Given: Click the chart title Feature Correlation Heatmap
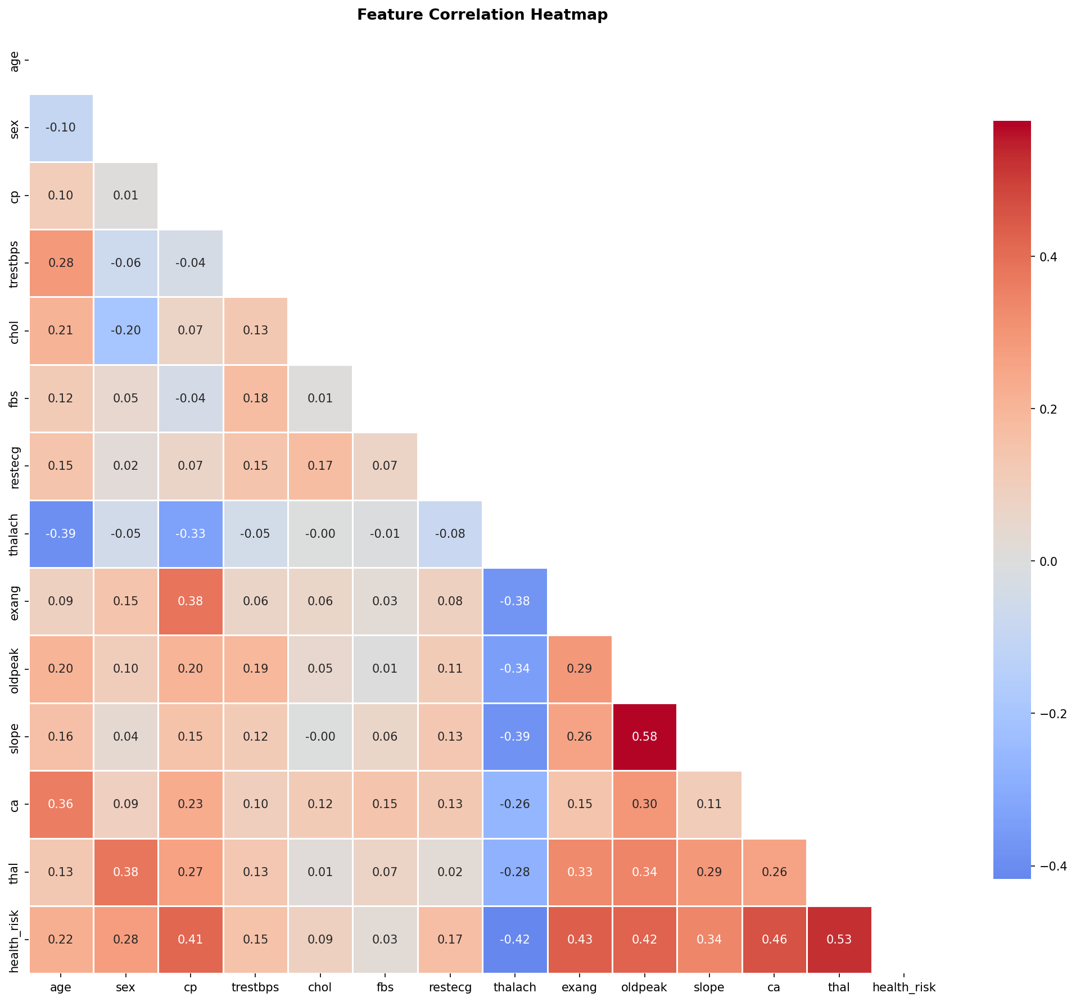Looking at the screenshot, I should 482,15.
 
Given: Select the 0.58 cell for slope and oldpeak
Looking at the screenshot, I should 644,736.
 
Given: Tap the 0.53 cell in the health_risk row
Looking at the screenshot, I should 839,939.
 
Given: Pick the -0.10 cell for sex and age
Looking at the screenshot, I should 61,128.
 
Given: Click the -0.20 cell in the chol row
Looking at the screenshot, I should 125,330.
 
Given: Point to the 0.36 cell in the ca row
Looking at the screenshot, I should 61,804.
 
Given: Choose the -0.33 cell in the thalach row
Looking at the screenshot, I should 191,533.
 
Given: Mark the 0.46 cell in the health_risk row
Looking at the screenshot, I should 774,939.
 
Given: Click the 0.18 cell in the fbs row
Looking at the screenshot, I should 255,398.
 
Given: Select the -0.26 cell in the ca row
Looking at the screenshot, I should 514,804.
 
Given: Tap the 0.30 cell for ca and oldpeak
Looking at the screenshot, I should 644,804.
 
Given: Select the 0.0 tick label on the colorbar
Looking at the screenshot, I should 1049,561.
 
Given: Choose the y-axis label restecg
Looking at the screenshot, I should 15,466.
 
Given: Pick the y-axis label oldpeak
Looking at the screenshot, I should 15,669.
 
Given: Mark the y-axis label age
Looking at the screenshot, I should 15,61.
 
